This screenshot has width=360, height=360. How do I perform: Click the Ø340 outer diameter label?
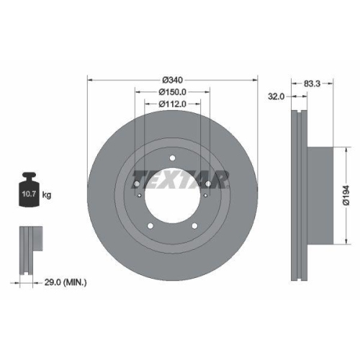[x=172, y=79]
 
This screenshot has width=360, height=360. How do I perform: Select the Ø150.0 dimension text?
[x=172, y=91]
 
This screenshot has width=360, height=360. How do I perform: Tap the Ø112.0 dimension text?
[x=172, y=104]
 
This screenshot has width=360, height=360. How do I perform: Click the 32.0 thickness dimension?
[x=276, y=94]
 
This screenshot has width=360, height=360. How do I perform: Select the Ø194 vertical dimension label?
[x=345, y=195]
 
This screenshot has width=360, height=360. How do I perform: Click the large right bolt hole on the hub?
[x=208, y=186]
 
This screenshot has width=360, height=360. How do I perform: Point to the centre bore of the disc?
[x=173, y=198]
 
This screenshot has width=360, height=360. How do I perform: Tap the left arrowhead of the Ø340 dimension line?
[x=89, y=79]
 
